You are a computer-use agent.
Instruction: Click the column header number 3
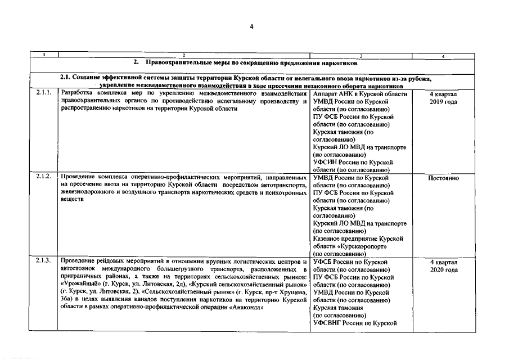361,55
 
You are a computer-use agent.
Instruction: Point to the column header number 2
183,55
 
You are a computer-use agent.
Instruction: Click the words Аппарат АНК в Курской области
359,94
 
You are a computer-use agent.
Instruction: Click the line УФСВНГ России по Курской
355,323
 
